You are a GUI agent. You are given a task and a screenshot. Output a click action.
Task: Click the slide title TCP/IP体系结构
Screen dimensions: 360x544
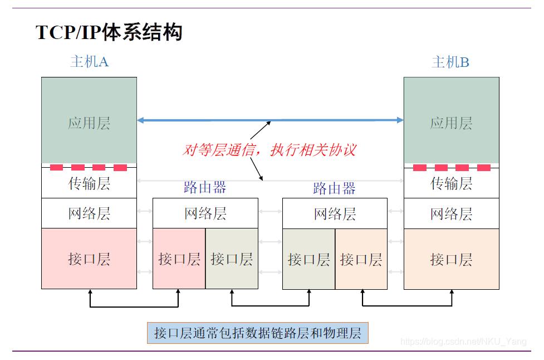point(109,32)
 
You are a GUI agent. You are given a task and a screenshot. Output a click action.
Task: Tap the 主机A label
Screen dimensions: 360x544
point(89,61)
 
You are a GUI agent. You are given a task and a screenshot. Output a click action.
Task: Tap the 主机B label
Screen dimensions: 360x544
point(450,62)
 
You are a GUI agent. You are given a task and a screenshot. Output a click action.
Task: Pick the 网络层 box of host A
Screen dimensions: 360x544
point(89,213)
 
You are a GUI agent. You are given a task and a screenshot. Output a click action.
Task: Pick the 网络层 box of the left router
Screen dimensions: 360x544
point(205,213)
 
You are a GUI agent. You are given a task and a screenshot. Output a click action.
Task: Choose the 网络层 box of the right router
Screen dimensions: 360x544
point(335,213)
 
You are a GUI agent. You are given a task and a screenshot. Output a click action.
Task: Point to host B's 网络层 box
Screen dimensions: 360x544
point(451,213)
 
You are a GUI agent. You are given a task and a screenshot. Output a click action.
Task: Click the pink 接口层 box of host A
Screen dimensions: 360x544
point(89,259)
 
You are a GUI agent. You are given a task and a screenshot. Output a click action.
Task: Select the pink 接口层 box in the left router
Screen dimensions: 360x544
point(179,259)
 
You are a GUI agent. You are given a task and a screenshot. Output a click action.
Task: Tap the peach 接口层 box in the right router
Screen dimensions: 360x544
point(361,259)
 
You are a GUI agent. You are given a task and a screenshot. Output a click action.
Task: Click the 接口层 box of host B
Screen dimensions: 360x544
point(451,259)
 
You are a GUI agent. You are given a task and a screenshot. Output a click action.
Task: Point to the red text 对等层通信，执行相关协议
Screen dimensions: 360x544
point(269,149)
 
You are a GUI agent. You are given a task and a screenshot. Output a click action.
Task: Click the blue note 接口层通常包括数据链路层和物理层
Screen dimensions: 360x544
point(258,333)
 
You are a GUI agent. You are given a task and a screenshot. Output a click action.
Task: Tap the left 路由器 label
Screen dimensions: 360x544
point(205,187)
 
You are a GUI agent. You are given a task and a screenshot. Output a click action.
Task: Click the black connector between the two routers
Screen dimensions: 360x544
point(271,305)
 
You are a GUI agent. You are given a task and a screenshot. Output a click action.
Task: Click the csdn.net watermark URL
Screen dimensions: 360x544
point(463,342)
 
